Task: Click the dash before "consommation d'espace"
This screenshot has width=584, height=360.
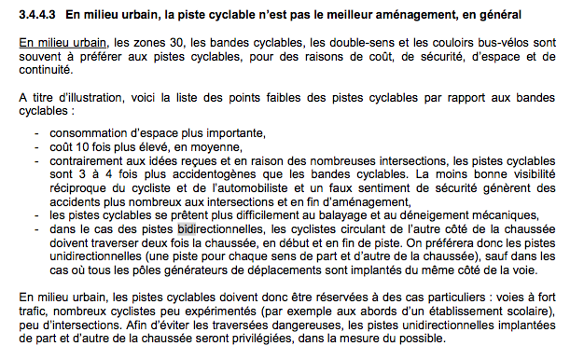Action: (37, 132)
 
